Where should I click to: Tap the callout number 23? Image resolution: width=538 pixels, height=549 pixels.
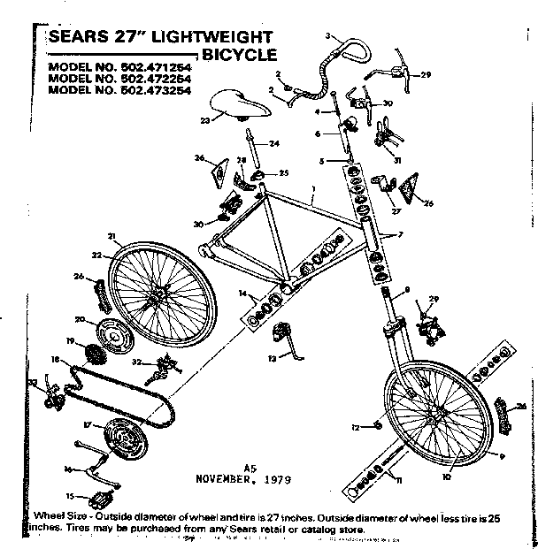click(205, 120)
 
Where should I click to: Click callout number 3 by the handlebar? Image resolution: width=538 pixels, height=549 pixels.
click(327, 34)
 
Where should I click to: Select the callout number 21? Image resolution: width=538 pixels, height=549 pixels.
click(111, 235)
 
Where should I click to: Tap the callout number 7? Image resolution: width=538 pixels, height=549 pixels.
click(400, 235)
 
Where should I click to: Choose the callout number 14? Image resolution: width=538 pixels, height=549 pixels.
click(241, 293)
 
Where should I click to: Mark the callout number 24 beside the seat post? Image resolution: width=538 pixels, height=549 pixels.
click(274, 142)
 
